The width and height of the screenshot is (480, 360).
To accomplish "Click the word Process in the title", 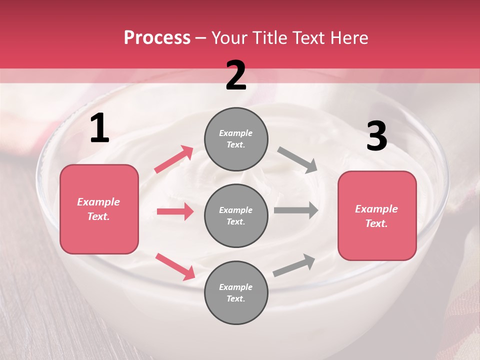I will tap(157, 38).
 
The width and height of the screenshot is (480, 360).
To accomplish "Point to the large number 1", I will tap(99, 129).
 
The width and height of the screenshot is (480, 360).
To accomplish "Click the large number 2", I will tap(236, 75).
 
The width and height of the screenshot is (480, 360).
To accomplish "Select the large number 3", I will tap(376, 136).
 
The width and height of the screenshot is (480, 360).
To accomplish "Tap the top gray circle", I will tap(236, 139).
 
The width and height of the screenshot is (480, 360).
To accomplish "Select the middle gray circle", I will tap(236, 216).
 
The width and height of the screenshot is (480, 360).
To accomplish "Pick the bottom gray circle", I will tap(236, 293).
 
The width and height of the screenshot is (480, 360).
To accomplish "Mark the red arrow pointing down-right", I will tap(175, 266).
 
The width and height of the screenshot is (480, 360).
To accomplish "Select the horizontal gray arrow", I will tap(296, 210).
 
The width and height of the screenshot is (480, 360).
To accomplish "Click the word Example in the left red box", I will tap(98, 202).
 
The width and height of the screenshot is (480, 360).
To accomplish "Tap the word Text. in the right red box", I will tap(376, 223).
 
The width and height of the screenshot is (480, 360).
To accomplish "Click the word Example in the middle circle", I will tap(236, 210).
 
